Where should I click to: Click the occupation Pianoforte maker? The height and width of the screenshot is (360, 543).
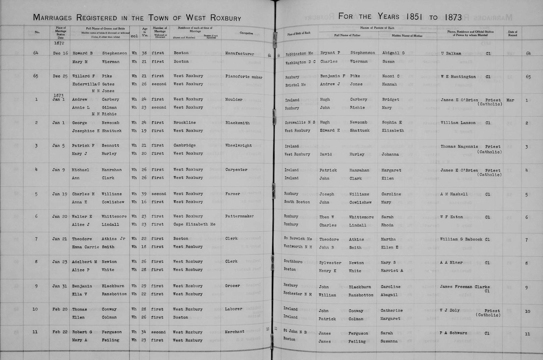click(x=244, y=77)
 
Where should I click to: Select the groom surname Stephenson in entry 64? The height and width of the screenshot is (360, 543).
click(x=114, y=53)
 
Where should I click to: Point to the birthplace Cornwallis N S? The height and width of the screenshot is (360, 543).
click(x=300, y=123)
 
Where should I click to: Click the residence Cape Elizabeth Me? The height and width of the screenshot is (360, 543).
click(x=194, y=224)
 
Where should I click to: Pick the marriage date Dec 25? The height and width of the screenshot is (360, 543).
click(x=60, y=76)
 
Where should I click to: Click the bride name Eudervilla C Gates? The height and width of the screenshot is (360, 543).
click(x=93, y=84)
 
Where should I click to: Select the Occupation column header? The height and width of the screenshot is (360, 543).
click(x=246, y=33)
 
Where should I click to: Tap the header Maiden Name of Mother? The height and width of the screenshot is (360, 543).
click(x=407, y=35)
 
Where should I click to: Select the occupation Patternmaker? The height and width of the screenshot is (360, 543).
click(x=239, y=216)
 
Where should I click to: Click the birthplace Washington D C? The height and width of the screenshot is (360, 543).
click(x=300, y=62)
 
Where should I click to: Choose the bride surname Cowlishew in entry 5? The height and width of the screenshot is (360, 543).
click(x=113, y=202)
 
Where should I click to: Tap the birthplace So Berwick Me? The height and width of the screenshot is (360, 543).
click(x=298, y=239)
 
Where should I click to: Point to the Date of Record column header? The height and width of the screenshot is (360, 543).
click(x=512, y=33)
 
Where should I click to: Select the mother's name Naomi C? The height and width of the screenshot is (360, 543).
click(x=390, y=76)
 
